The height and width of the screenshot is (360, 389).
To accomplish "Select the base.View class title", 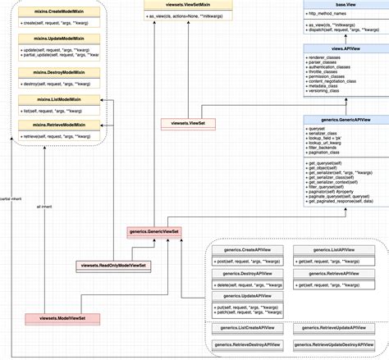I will [344, 5].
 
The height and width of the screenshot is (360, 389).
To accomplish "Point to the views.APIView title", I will [344, 49].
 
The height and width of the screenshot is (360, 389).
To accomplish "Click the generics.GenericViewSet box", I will [154, 232].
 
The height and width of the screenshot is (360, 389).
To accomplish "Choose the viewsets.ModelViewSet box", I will [62, 317].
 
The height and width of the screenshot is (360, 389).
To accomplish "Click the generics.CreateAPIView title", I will [247, 249].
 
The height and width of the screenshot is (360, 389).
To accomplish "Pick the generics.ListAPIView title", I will [328, 249].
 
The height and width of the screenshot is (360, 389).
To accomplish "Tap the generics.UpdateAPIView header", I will [247, 295].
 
